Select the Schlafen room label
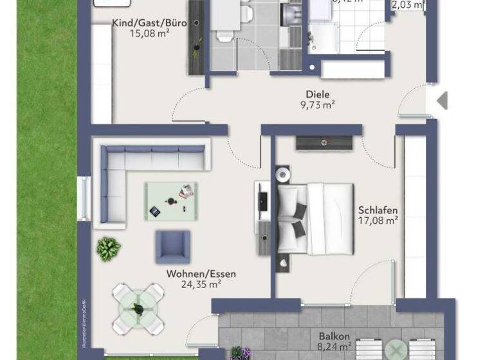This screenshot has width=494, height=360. (378, 210)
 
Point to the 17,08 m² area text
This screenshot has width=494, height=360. (378, 221)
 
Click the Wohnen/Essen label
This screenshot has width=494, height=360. (201, 274)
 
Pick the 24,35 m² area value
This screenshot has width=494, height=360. (201, 284)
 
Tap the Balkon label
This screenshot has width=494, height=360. (334, 336)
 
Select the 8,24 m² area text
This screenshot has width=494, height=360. (334, 347)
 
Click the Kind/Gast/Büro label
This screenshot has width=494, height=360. (150, 23)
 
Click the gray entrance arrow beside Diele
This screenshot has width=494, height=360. (442, 100)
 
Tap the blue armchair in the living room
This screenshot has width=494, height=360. (172, 246)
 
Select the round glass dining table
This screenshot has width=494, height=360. (138, 309)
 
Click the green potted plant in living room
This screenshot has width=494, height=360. (108, 248)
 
